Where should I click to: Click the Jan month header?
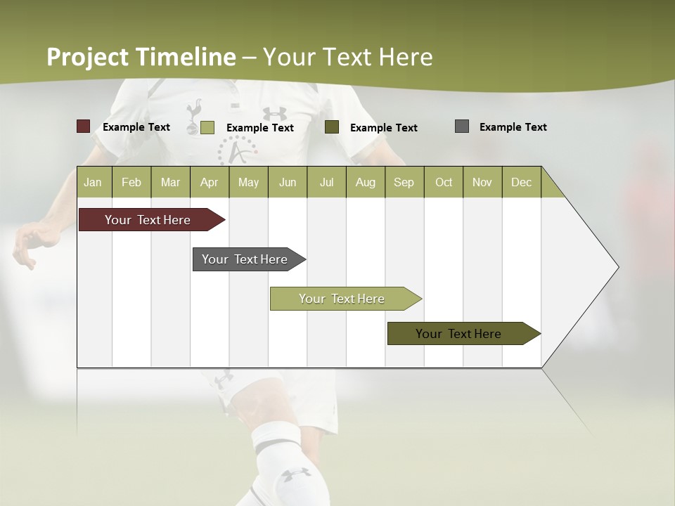(x=93, y=182)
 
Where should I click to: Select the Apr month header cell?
(x=209, y=182)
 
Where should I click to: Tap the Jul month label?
(x=326, y=182)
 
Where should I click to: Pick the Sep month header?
(x=404, y=182)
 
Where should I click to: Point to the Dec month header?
(x=521, y=182)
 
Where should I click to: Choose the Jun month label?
(x=287, y=182)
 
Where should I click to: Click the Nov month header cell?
(x=482, y=182)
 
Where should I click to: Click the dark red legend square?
(x=83, y=126)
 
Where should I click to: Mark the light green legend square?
(x=207, y=127)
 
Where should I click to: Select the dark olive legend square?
(x=332, y=126)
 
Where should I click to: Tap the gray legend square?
(x=462, y=126)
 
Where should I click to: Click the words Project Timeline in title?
(x=141, y=57)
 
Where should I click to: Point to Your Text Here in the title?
(x=347, y=57)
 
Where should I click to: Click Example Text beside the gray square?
(x=513, y=127)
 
